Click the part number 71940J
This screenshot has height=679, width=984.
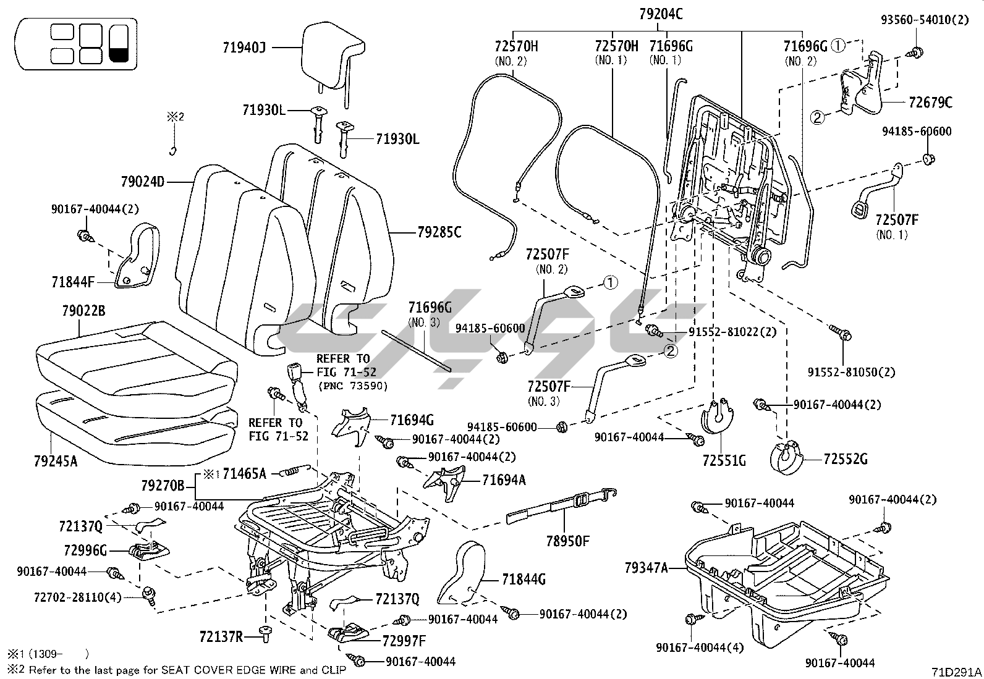(x=244, y=47)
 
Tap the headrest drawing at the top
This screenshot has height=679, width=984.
(x=331, y=56)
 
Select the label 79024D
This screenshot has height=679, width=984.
(x=143, y=182)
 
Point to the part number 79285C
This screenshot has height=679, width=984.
(x=439, y=233)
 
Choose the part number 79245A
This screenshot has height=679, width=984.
(x=56, y=460)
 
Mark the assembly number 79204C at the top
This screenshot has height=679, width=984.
(x=661, y=14)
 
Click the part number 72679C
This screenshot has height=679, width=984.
(x=931, y=103)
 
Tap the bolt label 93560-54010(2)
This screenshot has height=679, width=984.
(x=925, y=20)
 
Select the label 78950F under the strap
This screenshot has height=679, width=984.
(x=567, y=542)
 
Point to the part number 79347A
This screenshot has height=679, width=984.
(x=647, y=567)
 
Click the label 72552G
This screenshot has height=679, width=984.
(x=846, y=459)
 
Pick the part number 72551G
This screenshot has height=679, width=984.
(x=724, y=460)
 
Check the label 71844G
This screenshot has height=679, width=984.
(x=524, y=580)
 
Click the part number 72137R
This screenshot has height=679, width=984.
(x=221, y=636)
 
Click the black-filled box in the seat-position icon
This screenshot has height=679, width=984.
(x=119, y=43)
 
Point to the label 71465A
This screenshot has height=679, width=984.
(x=244, y=474)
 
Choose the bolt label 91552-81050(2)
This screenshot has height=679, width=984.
(x=851, y=373)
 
